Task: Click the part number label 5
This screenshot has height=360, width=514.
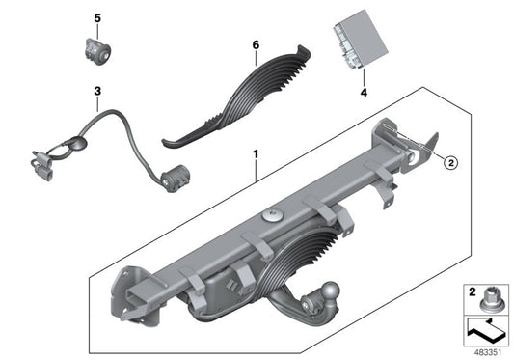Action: [96, 18]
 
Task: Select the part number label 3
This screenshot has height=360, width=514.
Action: [96, 90]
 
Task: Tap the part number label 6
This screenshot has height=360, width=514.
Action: [257, 45]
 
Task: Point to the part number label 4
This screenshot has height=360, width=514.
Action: [364, 94]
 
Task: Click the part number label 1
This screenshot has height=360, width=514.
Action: [256, 153]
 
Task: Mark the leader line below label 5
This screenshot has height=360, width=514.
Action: [96, 28]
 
